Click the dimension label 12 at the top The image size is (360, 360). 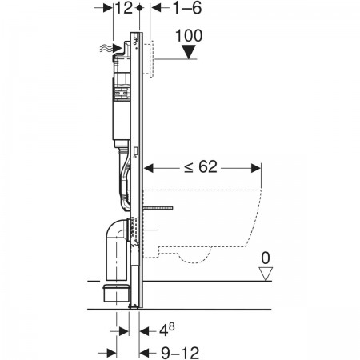point(124,8)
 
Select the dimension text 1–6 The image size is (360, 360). point(187,8)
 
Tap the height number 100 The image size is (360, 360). point(189,35)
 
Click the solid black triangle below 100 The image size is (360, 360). point(189,52)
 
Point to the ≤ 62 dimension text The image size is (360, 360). point(201,167)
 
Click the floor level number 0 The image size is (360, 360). point(266,258)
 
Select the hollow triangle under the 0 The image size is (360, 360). point(266,274)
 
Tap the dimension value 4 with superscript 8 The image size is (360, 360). point(167,330)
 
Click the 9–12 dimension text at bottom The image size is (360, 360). point(180,353)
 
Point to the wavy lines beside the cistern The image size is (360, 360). point(106,48)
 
